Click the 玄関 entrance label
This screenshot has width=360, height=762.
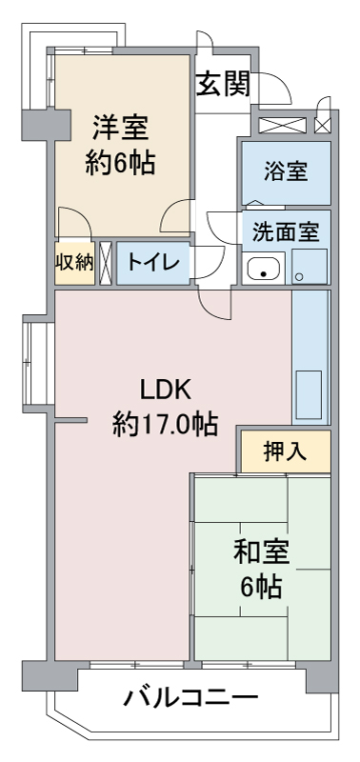pyautogui.click(x=223, y=84)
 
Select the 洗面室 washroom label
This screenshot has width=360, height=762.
pyautogui.click(x=286, y=231)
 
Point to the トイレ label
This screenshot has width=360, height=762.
pyautogui.click(x=152, y=263)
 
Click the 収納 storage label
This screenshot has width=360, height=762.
pyautogui.click(x=74, y=263)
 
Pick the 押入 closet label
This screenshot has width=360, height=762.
pyautogui.click(x=285, y=451)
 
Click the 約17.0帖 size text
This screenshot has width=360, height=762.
pyautogui.click(x=165, y=424)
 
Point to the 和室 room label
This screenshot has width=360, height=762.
pyautogui.click(x=261, y=553)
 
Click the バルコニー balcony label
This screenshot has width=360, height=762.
pyautogui.click(x=190, y=698)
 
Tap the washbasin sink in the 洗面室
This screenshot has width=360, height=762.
pyautogui.click(x=263, y=269)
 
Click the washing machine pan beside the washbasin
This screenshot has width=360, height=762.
pyautogui.click(x=310, y=267)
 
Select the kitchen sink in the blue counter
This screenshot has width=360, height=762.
pyautogui.click(x=308, y=394)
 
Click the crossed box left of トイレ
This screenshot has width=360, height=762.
pyautogui.click(x=106, y=263)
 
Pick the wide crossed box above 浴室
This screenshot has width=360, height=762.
pyautogui.click(x=282, y=125)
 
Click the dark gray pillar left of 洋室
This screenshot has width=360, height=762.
pyautogui.click(x=46, y=125)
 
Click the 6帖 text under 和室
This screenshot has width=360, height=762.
pyautogui.click(x=261, y=588)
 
